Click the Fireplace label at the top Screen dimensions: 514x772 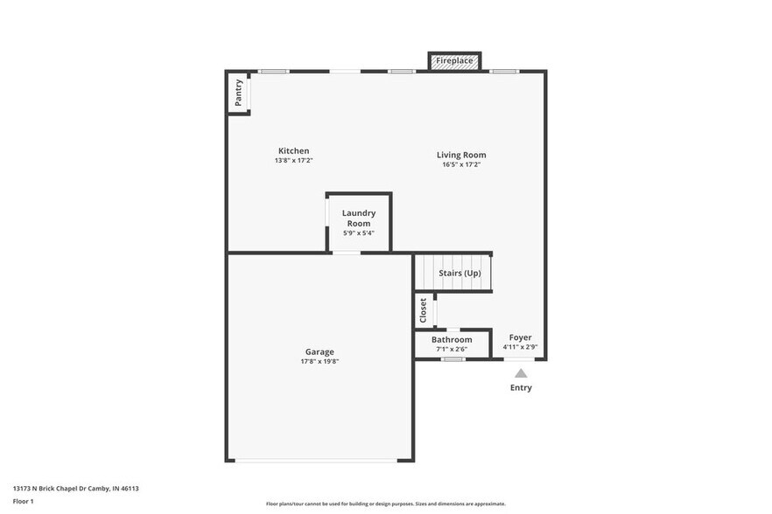pyautogui.click(x=454, y=61)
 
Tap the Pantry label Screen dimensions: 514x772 pyautogui.click(x=238, y=92)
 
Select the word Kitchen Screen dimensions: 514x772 pyautogui.click(x=293, y=151)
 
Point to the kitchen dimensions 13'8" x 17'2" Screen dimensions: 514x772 pyautogui.click(x=293, y=161)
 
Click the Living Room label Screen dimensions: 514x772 pyautogui.click(x=461, y=155)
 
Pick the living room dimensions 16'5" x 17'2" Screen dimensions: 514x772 pyautogui.click(x=461, y=164)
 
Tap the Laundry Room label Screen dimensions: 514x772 pyautogui.click(x=359, y=218)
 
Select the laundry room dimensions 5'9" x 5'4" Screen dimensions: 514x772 pyautogui.click(x=359, y=233)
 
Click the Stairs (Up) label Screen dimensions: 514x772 pyautogui.click(x=460, y=274)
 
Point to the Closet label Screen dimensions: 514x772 pyautogui.click(x=424, y=309)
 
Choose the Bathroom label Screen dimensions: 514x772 pyautogui.click(x=452, y=339)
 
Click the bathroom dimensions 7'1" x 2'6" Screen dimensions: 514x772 pyautogui.click(x=452, y=349)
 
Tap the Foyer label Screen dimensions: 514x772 pyautogui.click(x=520, y=337)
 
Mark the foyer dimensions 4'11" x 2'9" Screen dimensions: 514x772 pyautogui.click(x=520, y=347)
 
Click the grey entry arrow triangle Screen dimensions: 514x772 pyautogui.click(x=521, y=372)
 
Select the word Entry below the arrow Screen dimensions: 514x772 pyautogui.click(x=521, y=387)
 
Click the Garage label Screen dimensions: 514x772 pyautogui.click(x=319, y=351)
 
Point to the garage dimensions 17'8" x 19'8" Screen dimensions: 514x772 pyautogui.click(x=319, y=361)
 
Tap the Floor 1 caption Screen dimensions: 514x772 pyautogui.click(x=23, y=501)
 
